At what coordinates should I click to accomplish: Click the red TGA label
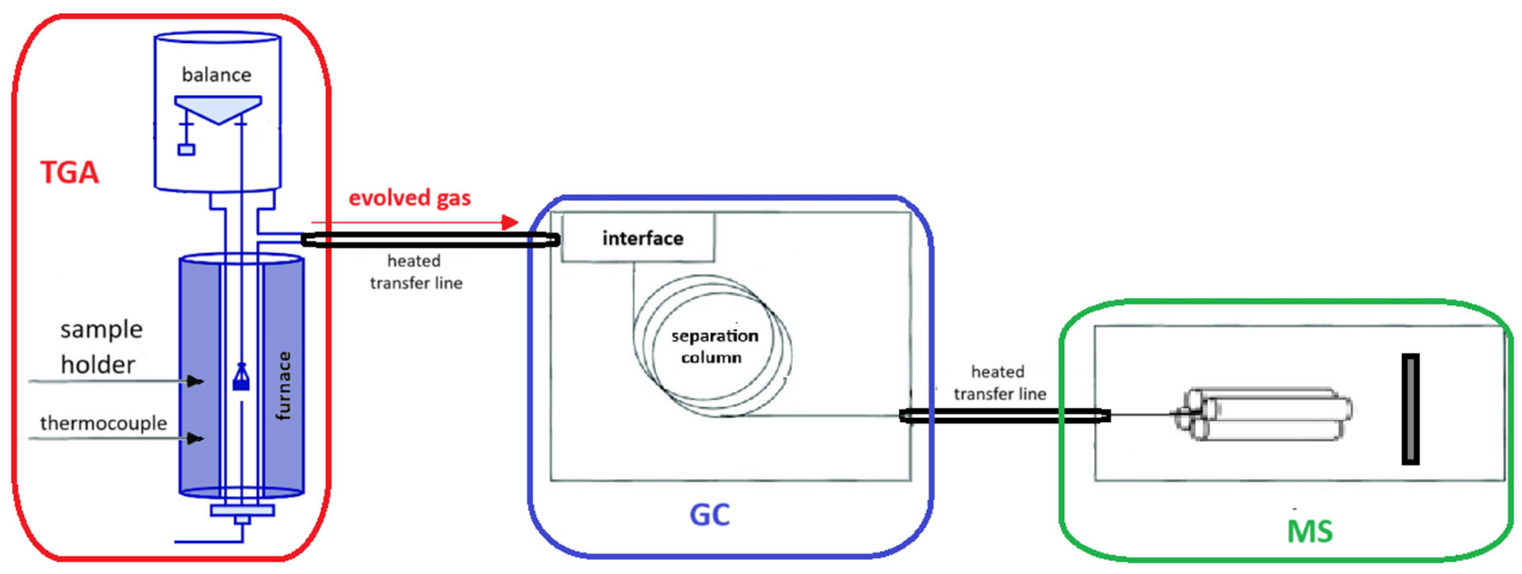coord(69,173)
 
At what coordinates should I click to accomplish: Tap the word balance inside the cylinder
coord(216,75)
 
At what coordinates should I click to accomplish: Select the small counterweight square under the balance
coord(186,150)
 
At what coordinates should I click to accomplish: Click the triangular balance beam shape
coord(218,108)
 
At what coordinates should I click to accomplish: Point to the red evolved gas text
coord(410,198)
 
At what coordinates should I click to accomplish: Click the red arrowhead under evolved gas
coord(510,223)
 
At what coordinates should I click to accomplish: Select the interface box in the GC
coord(638,237)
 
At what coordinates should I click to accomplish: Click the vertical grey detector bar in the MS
coord(1410,409)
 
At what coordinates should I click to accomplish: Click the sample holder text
coord(101,347)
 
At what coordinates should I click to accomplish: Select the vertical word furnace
coord(284,386)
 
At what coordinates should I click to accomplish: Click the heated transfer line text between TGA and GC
coord(416,272)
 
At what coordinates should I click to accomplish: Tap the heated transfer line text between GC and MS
coord(1000,383)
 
